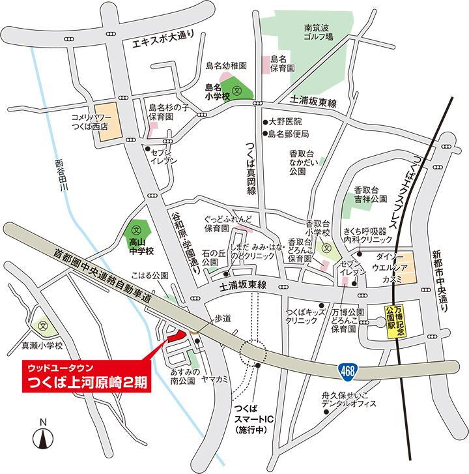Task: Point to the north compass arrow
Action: pyautogui.click(x=42, y=437)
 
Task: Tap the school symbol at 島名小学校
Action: pyautogui.click(x=238, y=91)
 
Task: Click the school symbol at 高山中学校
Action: pyautogui.click(x=137, y=230)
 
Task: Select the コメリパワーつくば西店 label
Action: pyautogui.click(x=89, y=119)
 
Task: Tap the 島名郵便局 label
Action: pyautogui.click(x=288, y=134)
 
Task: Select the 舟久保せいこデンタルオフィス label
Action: pyautogui.click(x=348, y=399)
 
